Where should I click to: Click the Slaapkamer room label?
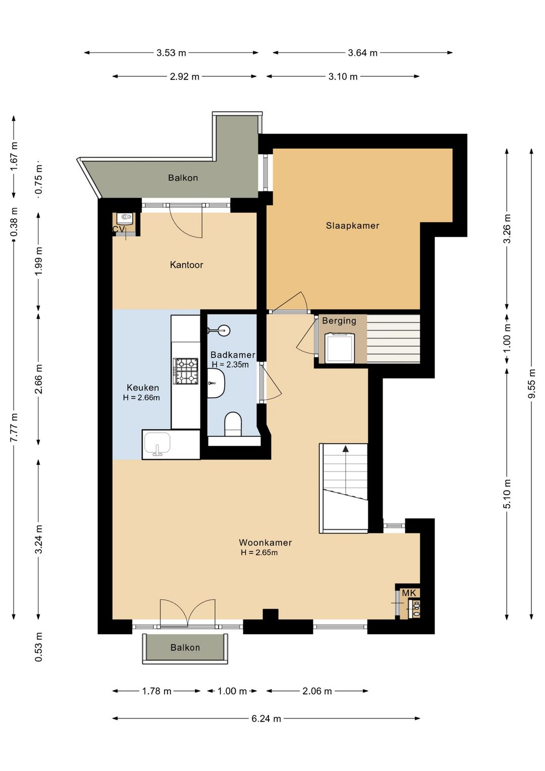tap(352, 226)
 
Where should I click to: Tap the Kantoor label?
tap(186, 265)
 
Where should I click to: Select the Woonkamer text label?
tap(265, 543)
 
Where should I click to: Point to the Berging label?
tap(339, 321)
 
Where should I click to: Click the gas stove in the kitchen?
tap(186, 371)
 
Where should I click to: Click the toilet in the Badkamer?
tap(233, 424)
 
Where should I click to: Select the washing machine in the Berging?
tap(340, 348)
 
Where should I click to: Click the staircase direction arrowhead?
tap(345, 448)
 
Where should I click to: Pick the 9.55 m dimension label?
tap(532, 383)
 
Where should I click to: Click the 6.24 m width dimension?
tap(266, 718)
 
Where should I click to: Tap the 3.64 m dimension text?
tap(362, 53)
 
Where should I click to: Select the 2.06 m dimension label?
tap(317, 691)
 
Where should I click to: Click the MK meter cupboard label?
tap(409, 593)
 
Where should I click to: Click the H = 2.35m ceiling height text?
tap(230, 364)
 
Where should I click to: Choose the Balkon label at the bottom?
tap(185, 647)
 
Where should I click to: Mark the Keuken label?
tap(143, 388)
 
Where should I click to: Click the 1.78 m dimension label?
tap(156, 691)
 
